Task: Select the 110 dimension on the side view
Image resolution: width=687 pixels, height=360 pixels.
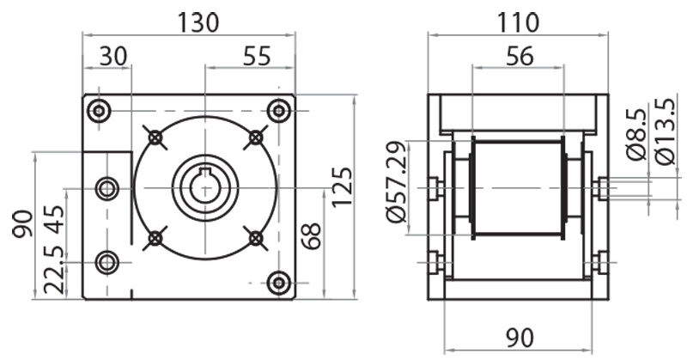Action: click(x=519, y=21)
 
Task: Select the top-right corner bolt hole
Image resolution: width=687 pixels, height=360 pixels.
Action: click(x=277, y=111)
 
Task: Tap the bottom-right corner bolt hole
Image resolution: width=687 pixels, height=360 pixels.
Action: click(x=277, y=283)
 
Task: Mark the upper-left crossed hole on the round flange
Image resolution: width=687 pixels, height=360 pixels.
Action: click(x=155, y=137)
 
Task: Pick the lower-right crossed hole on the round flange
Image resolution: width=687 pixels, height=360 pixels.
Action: click(x=255, y=237)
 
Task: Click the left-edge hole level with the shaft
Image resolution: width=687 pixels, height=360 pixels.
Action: click(x=107, y=187)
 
